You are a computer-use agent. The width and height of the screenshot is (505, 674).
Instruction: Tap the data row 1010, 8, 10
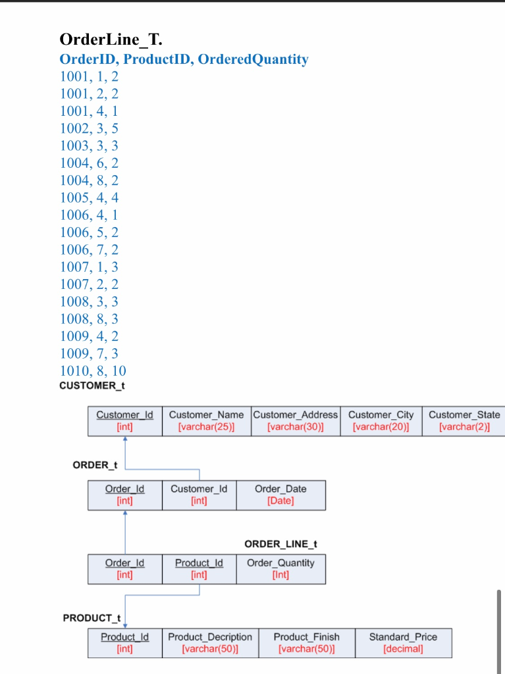(x=93, y=371)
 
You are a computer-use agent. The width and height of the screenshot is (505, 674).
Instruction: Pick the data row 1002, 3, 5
(x=89, y=128)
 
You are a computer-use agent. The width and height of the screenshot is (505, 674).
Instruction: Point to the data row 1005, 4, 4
(x=89, y=197)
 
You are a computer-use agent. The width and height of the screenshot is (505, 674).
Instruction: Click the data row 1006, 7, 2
(x=89, y=249)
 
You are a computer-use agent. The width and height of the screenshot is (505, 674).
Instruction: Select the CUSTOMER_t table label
(x=87, y=386)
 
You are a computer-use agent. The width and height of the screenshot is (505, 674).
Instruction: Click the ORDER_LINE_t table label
(x=280, y=544)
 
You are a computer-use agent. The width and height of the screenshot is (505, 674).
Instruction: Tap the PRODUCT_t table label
(x=92, y=618)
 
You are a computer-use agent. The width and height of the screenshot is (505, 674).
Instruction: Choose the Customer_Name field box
(x=206, y=421)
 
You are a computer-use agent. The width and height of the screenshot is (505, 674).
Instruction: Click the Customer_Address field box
(x=296, y=421)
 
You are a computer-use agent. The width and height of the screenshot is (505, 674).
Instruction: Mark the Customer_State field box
(x=464, y=421)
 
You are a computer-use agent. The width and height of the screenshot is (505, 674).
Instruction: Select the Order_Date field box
(x=280, y=495)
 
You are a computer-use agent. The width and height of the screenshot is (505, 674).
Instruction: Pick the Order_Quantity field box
(x=280, y=569)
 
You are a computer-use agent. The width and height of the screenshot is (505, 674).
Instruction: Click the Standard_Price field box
(x=403, y=643)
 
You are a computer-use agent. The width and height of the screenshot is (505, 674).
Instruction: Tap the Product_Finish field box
(x=306, y=643)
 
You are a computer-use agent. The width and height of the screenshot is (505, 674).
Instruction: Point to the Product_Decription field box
(x=210, y=643)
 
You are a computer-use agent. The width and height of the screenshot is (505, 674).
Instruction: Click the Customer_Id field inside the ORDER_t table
(x=199, y=495)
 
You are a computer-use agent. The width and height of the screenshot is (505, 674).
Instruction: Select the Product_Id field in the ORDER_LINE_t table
(x=199, y=569)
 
